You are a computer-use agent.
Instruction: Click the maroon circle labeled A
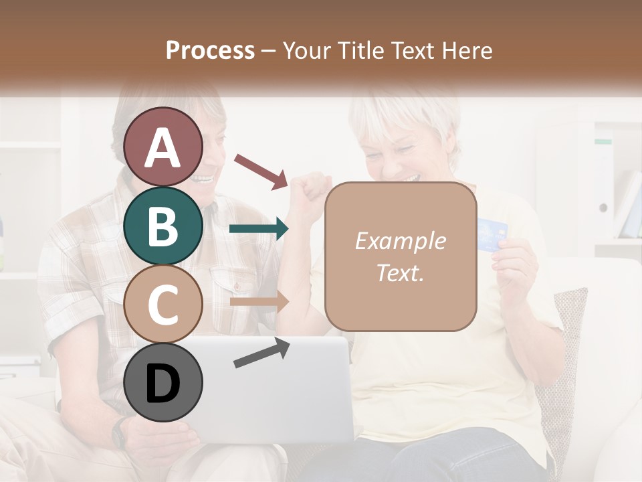coord(163,147)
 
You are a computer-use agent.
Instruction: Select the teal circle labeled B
coord(163,226)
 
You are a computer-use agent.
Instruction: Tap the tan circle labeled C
coord(163,305)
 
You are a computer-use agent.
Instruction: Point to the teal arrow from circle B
coord(259,229)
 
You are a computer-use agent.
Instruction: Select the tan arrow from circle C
coord(259,301)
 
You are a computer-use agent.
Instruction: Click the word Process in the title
coord(210,51)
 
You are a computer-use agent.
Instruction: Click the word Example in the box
coord(400,241)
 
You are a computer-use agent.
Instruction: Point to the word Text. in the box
coord(400,273)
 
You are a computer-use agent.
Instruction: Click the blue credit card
coord(493,234)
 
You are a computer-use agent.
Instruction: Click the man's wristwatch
coord(120,432)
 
